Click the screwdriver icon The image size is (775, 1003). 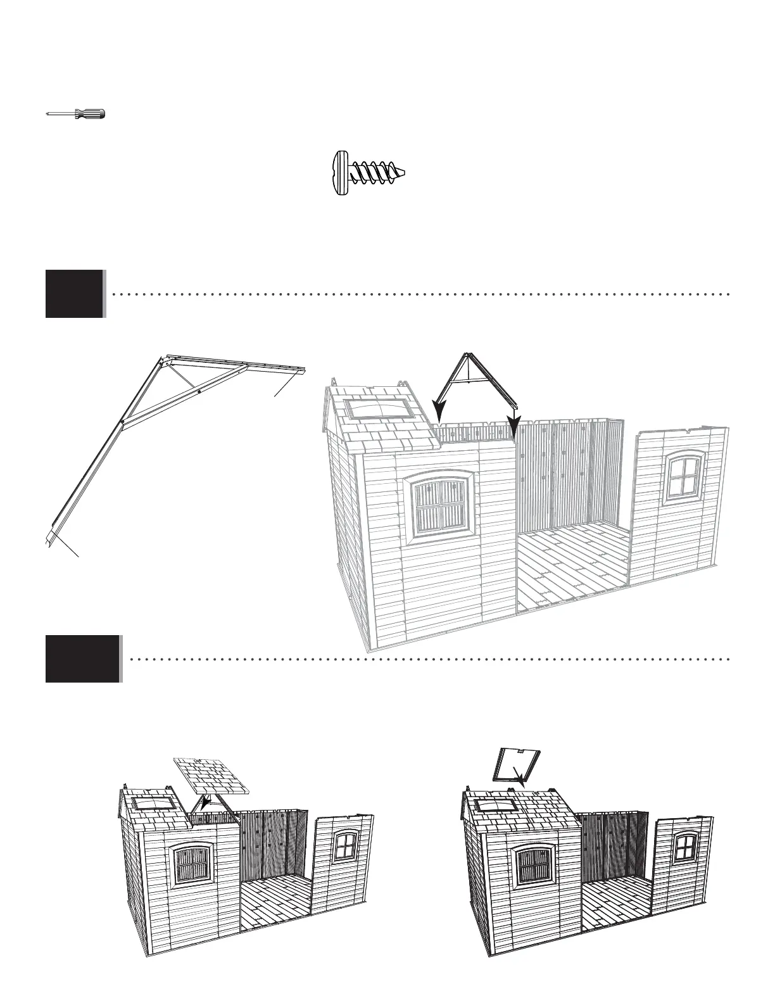coord(77,114)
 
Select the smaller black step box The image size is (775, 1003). coord(74,294)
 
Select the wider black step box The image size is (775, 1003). coord(82,659)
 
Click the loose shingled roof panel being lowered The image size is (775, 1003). coord(212,776)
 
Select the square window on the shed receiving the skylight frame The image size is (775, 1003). coord(684,847)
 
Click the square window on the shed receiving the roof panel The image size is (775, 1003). coord(345,847)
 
